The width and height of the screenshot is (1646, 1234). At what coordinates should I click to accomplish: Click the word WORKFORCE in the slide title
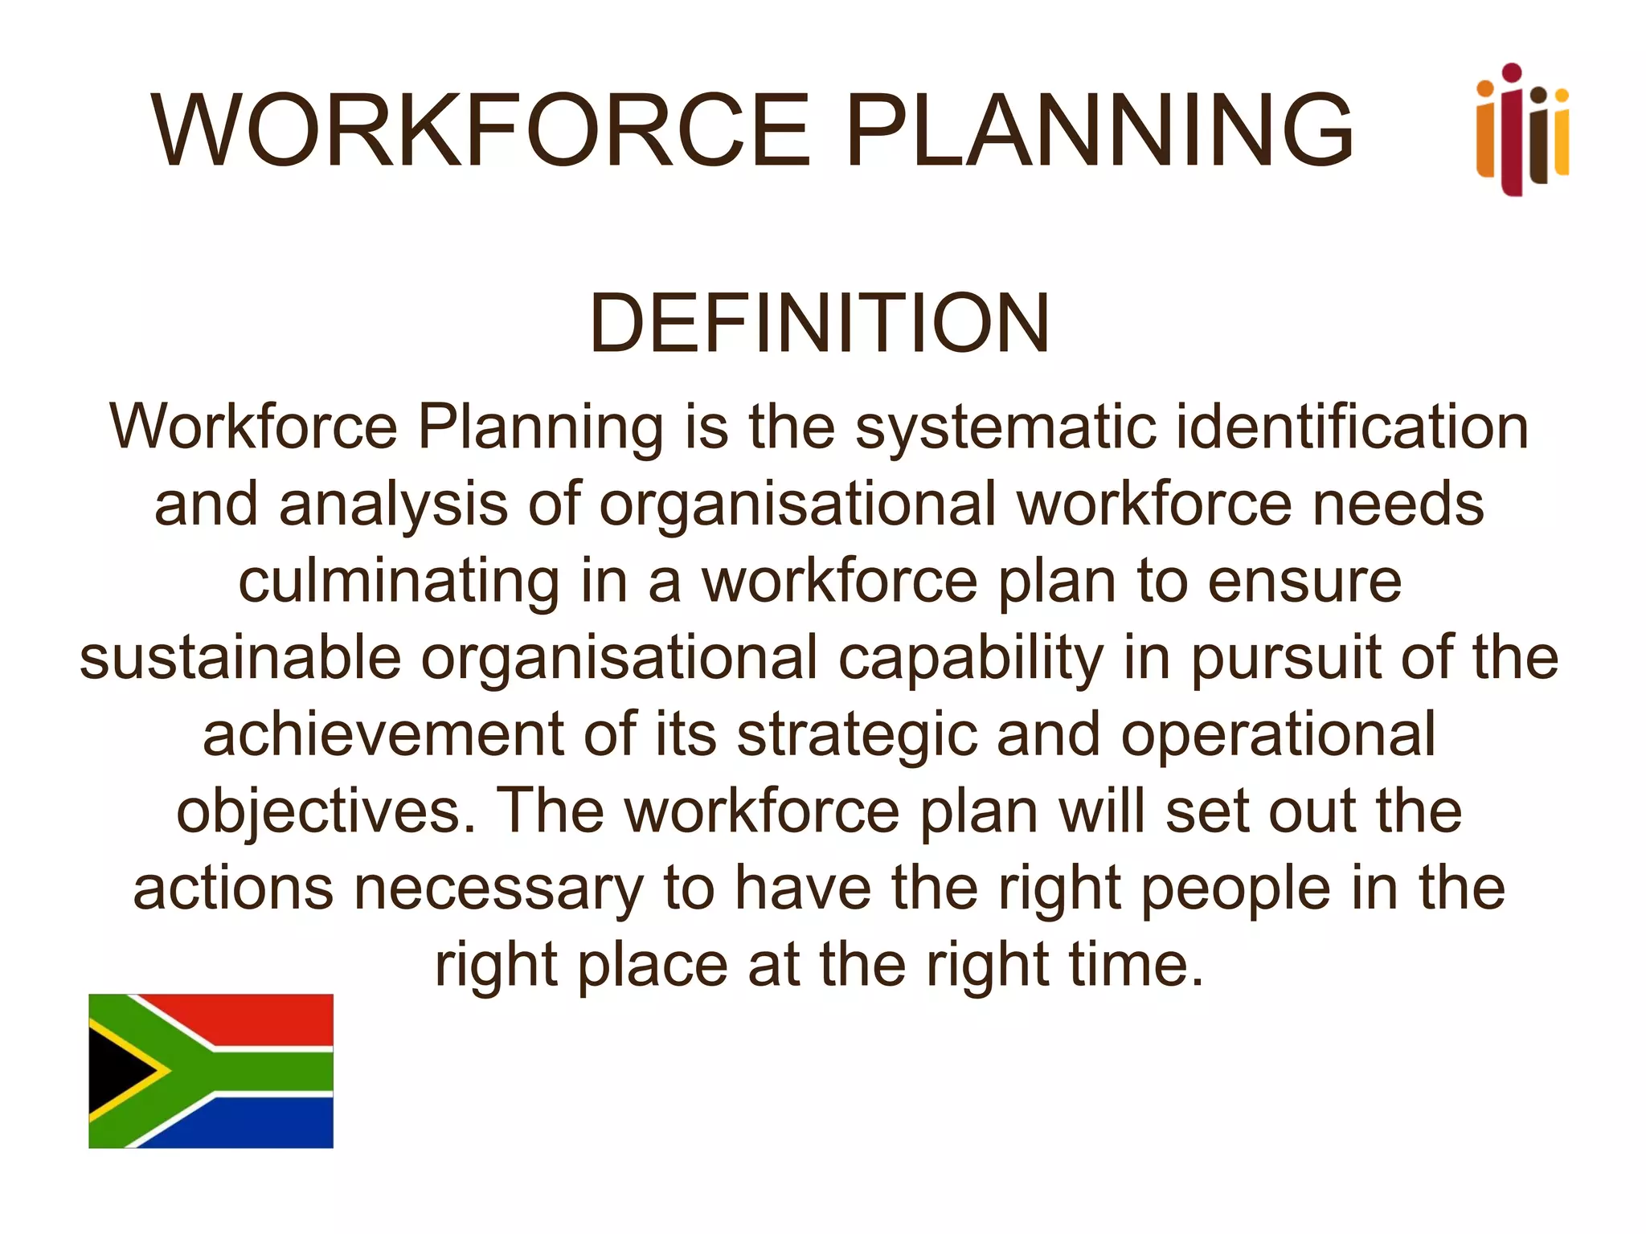[x=480, y=130]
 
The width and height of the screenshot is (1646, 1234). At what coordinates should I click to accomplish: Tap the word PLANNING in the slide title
[x=1099, y=130]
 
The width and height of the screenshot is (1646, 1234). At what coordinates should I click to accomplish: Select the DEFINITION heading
[x=819, y=323]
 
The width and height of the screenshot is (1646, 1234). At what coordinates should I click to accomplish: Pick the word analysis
[x=393, y=505]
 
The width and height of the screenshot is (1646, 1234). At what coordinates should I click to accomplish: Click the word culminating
[x=399, y=582]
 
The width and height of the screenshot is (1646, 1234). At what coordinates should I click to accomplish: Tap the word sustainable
[x=240, y=658]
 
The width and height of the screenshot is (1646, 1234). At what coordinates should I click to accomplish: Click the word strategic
[x=857, y=736]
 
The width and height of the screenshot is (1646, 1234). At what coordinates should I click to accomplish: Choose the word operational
[x=1278, y=736]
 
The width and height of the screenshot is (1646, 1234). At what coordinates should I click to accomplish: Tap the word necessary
[x=498, y=889]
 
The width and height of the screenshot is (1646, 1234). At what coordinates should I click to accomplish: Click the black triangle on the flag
[x=117, y=1071]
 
